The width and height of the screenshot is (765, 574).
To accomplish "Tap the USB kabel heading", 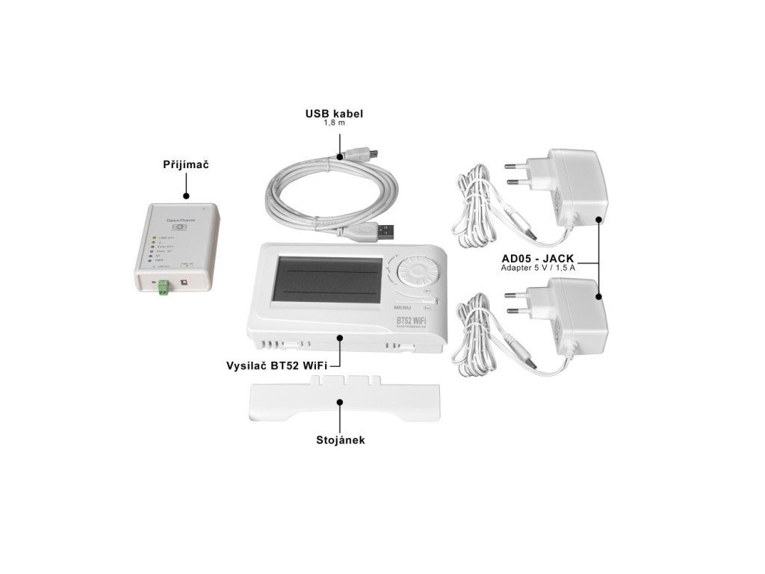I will pos(334,114).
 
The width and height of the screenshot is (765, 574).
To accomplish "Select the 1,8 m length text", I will pos(334,124).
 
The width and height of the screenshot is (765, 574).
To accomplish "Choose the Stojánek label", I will pos(339,440).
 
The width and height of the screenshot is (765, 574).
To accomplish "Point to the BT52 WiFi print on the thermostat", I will pos(413,321).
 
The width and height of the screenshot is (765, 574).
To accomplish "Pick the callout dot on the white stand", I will pos(340,401).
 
